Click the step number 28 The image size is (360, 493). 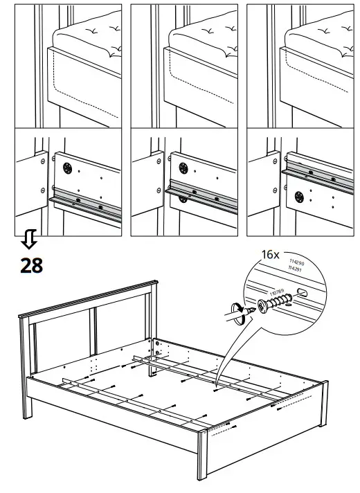point(31,264)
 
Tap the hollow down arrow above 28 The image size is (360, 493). point(29,241)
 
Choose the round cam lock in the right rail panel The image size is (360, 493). point(301,193)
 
